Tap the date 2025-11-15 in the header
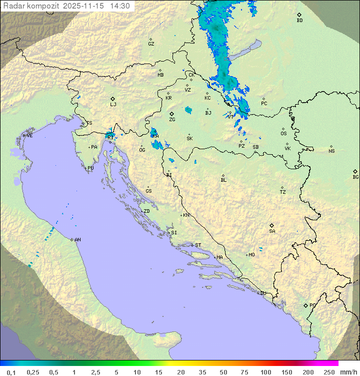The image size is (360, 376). (85, 6)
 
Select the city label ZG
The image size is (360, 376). (172, 120)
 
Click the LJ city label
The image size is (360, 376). (113, 105)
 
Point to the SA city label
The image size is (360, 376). (272, 231)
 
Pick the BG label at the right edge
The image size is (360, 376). (355, 177)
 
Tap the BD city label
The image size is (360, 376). (299, 21)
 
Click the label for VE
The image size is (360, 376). (29, 136)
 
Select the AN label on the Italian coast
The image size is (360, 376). (77, 240)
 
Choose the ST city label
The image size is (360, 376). (198, 245)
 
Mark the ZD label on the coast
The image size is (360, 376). (146, 211)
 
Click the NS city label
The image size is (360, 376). (331, 151)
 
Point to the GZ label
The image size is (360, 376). (151, 44)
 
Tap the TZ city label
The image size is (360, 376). (283, 192)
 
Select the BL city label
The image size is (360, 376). (223, 180)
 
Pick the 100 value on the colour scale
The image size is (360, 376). (265, 372)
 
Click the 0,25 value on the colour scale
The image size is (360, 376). (33, 372)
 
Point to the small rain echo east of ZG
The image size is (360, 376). (188, 110)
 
